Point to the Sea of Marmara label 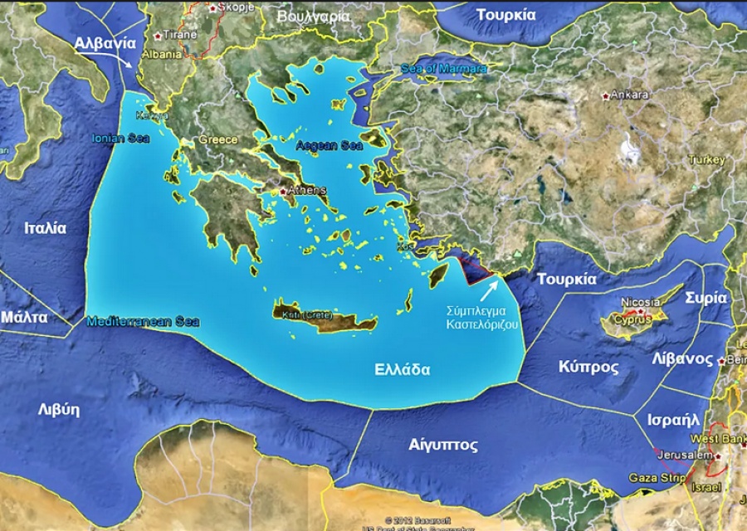(443, 68)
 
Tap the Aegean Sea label (330, 145)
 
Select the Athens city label (306, 190)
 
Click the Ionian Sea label (121, 139)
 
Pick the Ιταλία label (45, 228)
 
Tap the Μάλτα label (24, 317)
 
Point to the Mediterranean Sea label (143, 321)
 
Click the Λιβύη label (58, 409)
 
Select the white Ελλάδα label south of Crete (402, 369)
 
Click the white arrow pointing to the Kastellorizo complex (491, 290)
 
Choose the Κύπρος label (588, 366)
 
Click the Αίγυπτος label (443, 445)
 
